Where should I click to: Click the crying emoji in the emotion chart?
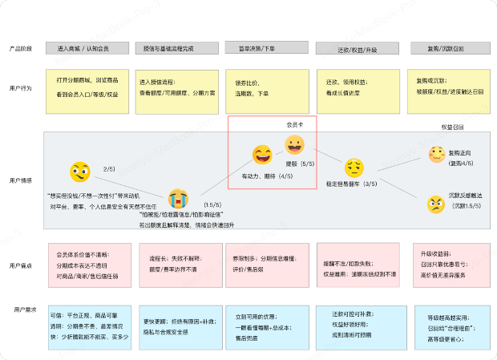click(x=178, y=199)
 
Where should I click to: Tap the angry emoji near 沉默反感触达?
click(x=436, y=204)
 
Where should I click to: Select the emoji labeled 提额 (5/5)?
click(x=294, y=145)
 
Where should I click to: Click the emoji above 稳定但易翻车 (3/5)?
click(x=354, y=168)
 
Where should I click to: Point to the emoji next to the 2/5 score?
click(x=79, y=172)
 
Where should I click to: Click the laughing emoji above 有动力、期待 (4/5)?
click(x=262, y=154)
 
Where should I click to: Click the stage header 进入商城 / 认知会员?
click(x=84, y=49)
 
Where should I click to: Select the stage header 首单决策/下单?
click(x=262, y=49)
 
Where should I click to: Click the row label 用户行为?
click(x=22, y=87)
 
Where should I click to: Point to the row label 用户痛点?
click(x=22, y=265)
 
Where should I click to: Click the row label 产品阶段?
click(x=22, y=49)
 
